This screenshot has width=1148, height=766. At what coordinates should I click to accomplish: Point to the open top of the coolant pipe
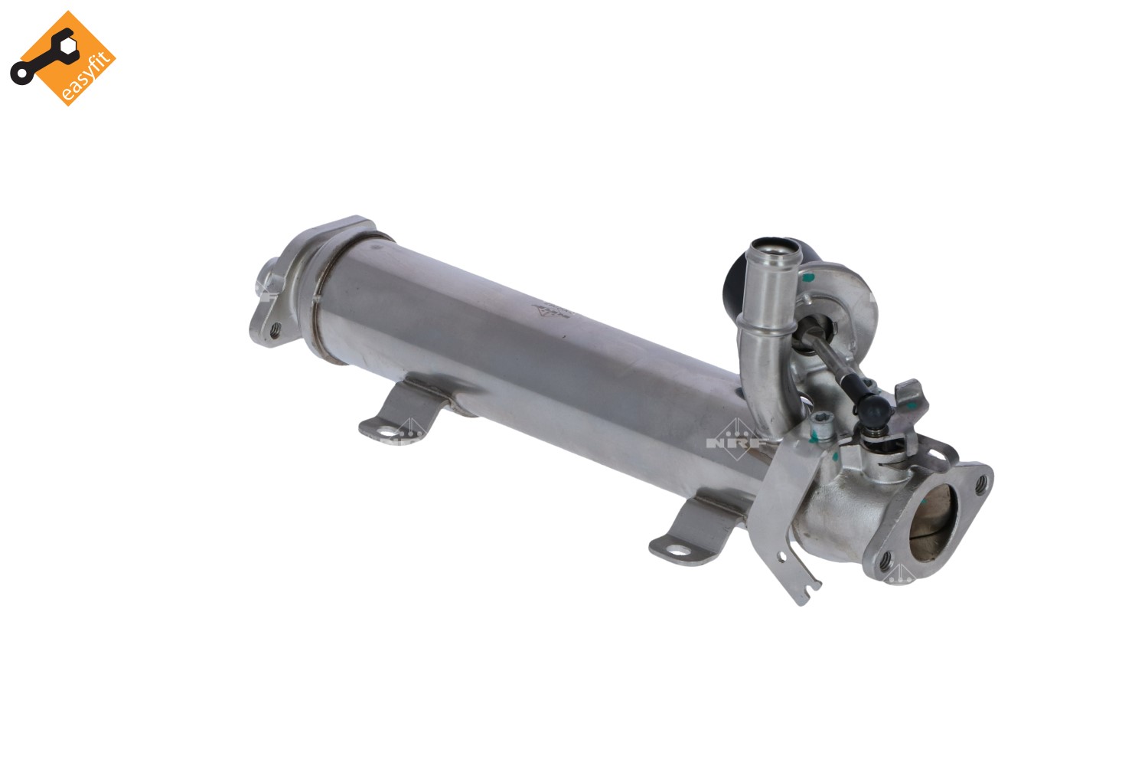tap(773, 249)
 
